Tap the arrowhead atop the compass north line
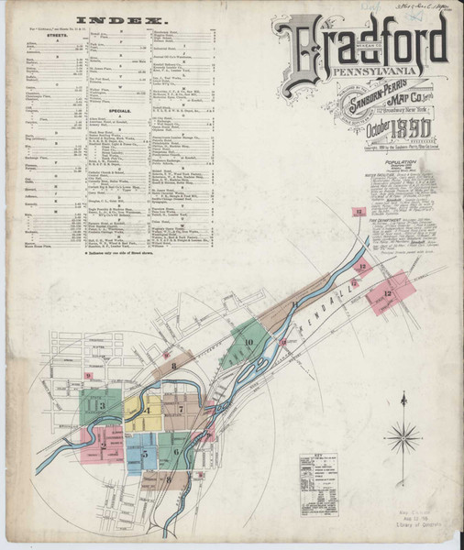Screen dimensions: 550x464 point(403,395)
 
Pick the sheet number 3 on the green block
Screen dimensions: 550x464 point(103,405)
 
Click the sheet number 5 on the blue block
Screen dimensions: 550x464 point(144,453)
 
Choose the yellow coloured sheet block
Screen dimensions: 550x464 point(144,412)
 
